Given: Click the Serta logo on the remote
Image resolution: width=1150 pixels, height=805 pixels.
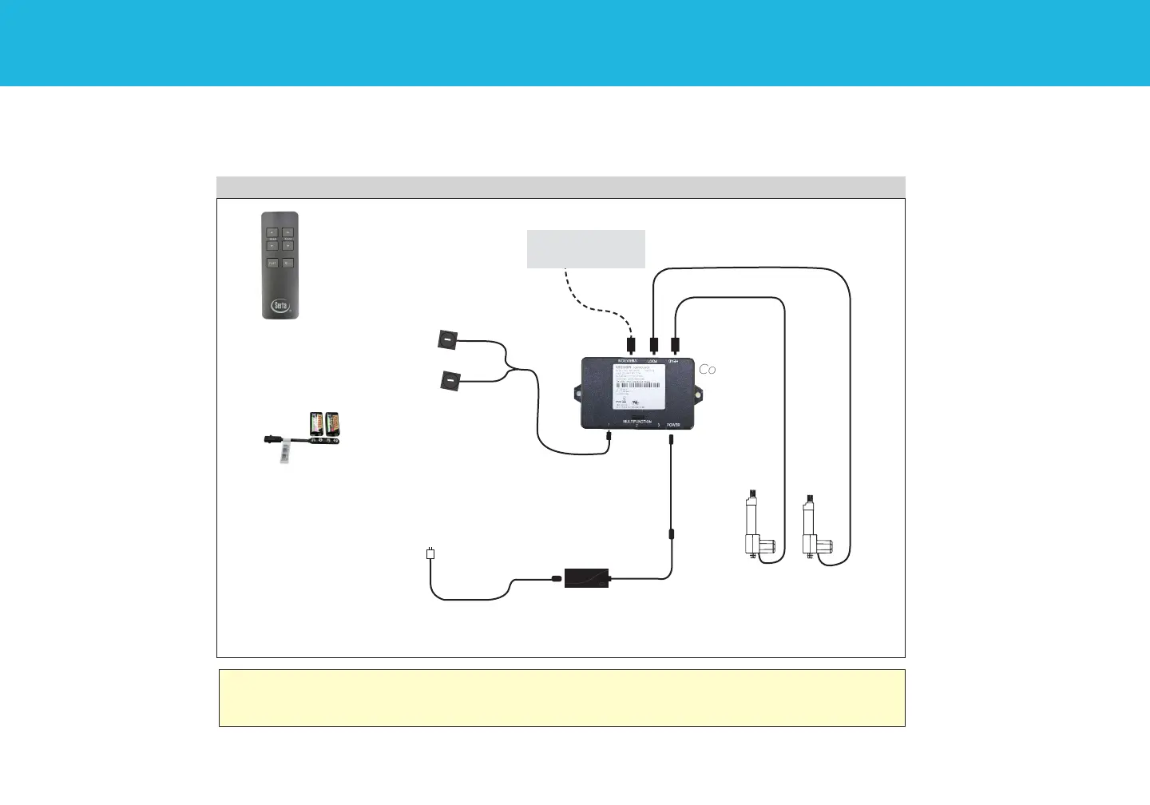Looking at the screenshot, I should tap(280, 305).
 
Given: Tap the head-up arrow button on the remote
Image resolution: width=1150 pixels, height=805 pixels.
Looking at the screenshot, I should tap(272, 232).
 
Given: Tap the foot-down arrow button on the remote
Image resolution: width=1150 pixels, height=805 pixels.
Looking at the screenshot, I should tap(288, 246).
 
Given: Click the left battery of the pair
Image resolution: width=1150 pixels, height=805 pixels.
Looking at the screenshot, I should tap(317, 423).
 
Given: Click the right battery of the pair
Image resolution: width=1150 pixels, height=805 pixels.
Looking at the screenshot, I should tap(332, 423).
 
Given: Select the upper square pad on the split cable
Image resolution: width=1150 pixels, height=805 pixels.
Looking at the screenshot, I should tap(447, 340).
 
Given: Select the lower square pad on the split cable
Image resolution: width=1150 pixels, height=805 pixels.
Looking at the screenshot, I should tap(450, 382).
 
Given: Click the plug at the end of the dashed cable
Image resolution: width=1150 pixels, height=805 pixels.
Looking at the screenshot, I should tap(631, 346).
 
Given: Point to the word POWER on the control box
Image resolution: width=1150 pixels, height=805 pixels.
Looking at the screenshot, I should tap(673, 425).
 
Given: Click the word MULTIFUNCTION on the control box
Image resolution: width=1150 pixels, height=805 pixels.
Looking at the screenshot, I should tap(636, 421).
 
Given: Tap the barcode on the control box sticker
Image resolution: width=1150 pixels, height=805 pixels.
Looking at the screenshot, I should tap(637, 385).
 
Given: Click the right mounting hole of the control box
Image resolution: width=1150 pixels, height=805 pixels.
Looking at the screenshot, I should tap(698, 393).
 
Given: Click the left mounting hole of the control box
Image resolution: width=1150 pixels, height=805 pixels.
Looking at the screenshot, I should tap(577, 393).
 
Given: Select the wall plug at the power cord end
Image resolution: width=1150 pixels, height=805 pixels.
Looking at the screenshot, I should tap(430, 553).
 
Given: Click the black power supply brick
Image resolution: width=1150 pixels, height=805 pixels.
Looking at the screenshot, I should tap(587, 577).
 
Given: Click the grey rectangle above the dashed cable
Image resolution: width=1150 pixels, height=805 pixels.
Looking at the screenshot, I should tap(585, 249).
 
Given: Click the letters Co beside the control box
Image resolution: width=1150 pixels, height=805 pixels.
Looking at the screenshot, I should tap(708, 370).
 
